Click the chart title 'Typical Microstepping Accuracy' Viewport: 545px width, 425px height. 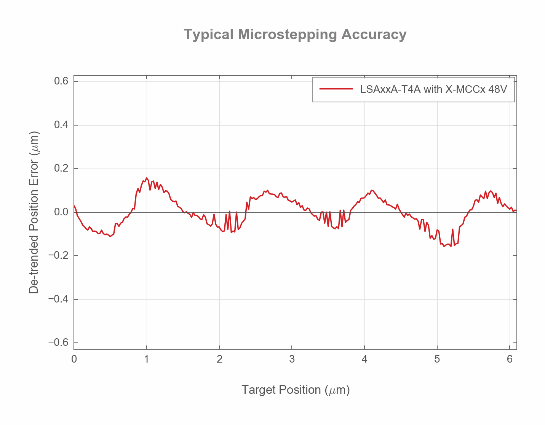[x=295, y=35]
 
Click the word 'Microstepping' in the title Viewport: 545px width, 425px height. [x=288, y=35]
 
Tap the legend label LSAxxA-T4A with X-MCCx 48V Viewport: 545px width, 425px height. [x=433, y=89]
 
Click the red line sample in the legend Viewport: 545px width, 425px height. [x=336, y=89]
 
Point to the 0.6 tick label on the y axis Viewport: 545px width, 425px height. [x=61, y=81]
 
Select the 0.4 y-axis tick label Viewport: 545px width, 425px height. [x=61, y=125]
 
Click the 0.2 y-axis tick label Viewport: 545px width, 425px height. [x=61, y=169]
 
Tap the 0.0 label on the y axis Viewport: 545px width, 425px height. [x=61, y=212]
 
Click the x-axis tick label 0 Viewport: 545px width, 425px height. [x=74, y=360]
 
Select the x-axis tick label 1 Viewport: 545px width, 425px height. [x=147, y=360]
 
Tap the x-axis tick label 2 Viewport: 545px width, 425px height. [x=219, y=360]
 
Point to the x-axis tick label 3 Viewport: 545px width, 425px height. [x=292, y=360]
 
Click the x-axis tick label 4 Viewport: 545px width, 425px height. [x=364, y=360]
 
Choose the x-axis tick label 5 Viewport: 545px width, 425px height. [x=437, y=360]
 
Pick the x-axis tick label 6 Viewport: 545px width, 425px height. [x=510, y=360]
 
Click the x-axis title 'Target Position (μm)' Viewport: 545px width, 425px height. [x=296, y=390]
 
